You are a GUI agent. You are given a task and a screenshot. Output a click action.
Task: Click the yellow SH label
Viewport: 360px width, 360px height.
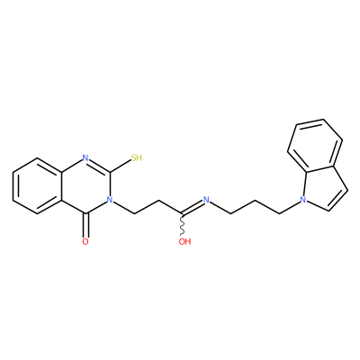(136, 157)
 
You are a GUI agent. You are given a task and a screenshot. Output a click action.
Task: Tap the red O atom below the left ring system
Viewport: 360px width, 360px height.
(85, 242)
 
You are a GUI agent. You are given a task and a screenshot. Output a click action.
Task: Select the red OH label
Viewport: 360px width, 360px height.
(184, 241)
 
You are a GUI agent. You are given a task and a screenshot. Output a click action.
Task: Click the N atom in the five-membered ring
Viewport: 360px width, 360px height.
(303, 200)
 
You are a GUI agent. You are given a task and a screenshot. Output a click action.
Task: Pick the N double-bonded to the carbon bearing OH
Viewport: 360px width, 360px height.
(206, 200)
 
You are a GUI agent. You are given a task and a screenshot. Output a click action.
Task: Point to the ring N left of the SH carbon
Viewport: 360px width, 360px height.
(85, 157)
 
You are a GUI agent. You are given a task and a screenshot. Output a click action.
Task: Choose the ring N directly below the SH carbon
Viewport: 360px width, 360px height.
(110, 200)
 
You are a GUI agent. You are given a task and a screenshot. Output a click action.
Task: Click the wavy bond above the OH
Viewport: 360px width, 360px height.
(182, 225)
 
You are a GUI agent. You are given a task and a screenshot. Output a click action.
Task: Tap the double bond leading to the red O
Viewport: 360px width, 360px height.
(85, 225)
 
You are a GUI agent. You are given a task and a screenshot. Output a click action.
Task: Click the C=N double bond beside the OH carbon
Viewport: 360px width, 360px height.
(193, 207)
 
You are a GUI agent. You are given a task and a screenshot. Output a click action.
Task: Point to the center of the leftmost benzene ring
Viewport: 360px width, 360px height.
(37, 186)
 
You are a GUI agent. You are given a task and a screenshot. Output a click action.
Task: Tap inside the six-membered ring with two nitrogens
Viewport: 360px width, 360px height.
(85, 186)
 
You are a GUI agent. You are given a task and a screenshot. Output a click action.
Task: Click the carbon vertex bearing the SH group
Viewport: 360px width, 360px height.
(110, 172)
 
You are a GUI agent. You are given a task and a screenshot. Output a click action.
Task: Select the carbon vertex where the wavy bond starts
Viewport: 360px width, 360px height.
(182, 214)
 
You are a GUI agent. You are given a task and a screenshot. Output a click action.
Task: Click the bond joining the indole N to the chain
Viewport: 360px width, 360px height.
(291, 207)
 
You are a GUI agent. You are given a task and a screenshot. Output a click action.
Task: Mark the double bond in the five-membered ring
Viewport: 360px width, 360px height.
(338, 200)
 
